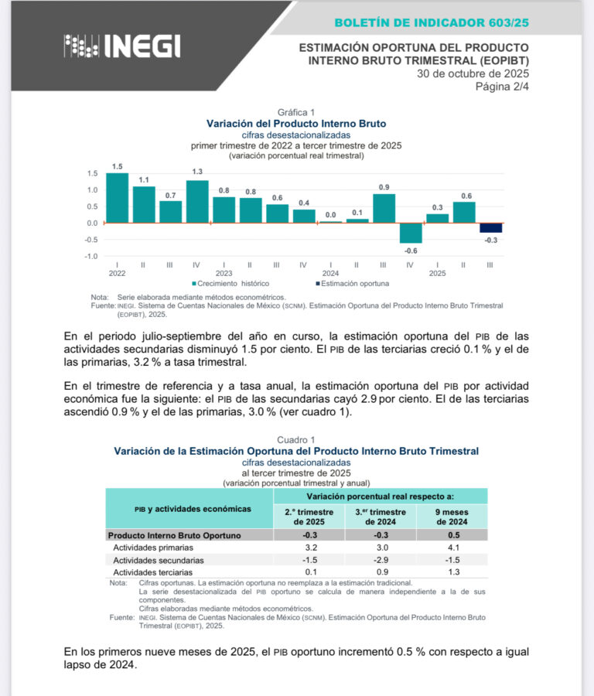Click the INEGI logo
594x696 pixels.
[122, 47]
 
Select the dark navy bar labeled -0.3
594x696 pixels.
[490, 227]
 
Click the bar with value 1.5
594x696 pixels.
[117, 197]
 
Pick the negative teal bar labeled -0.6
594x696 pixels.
[411, 233]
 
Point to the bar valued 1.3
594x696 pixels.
[197, 201]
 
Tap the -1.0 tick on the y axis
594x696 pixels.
[92, 256]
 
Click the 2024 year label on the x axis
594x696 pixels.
[330, 273]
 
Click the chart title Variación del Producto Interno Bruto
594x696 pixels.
[296, 124]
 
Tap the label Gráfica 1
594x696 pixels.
[296, 112]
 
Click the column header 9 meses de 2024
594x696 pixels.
[451, 516]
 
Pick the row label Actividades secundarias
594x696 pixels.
[158, 560]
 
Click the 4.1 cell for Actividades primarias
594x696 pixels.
[451, 548]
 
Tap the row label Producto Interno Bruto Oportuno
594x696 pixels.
[174, 535]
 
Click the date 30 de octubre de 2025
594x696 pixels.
[473, 74]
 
